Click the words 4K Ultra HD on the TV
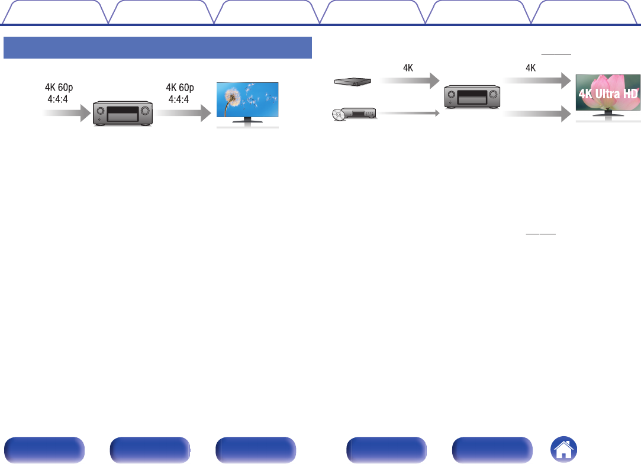coord(608,95)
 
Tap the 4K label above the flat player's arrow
coord(408,67)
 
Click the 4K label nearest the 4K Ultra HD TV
coord(531,67)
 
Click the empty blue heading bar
coord(157,47)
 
